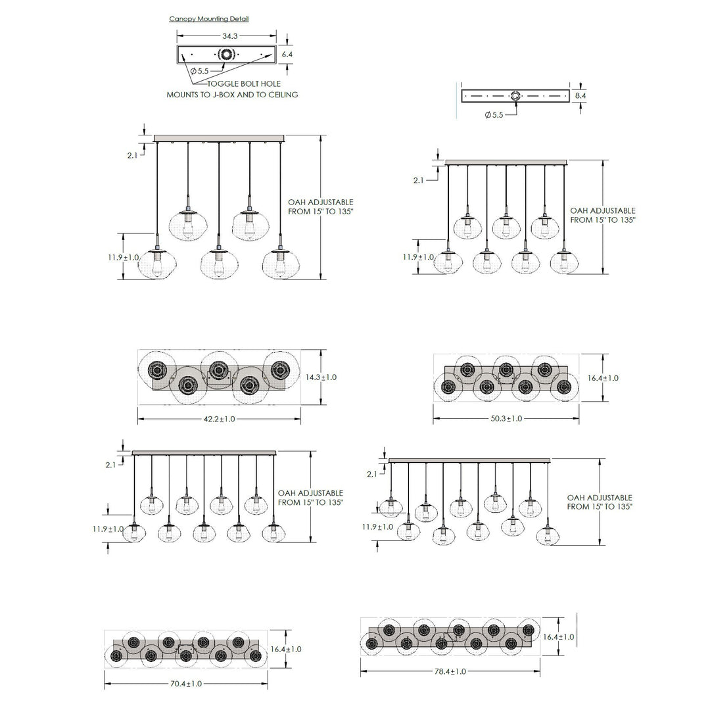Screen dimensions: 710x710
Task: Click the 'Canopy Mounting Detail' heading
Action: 209,18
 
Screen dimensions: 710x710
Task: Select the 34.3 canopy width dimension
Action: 230,35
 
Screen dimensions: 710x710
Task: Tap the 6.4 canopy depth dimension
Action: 287,55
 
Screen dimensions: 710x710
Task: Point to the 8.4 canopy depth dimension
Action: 580,96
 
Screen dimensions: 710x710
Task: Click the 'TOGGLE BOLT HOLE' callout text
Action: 244,83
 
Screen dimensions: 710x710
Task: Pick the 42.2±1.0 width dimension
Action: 219,419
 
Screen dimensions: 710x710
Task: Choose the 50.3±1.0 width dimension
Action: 506,418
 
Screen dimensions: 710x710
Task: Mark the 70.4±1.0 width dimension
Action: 186,683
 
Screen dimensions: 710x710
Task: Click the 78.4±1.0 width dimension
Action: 450,671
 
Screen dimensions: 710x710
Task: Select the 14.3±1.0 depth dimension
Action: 321,377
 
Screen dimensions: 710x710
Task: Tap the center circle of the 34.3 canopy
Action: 226,55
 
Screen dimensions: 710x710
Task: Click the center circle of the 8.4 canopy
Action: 515,96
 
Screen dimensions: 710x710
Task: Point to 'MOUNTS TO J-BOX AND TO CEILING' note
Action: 232,95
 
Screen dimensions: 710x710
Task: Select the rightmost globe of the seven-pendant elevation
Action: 564,262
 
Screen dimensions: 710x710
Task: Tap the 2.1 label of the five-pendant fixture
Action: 132,155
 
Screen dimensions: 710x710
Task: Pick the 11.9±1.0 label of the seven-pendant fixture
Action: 418,257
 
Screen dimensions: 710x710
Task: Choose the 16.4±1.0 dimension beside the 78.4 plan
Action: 559,636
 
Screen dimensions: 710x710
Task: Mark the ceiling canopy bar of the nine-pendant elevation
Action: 204,453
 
